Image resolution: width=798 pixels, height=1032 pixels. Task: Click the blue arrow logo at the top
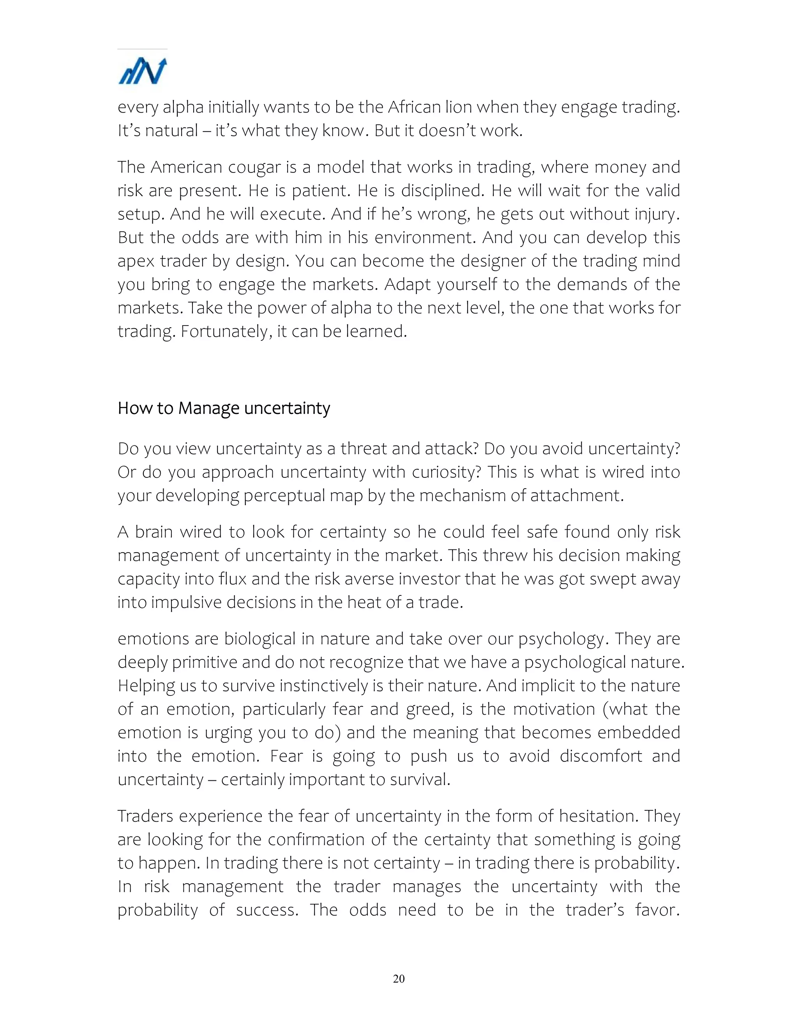coord(142,71)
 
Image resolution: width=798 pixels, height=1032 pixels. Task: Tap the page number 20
coord(399,978)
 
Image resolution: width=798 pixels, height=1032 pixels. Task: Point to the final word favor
coord(657,910)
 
